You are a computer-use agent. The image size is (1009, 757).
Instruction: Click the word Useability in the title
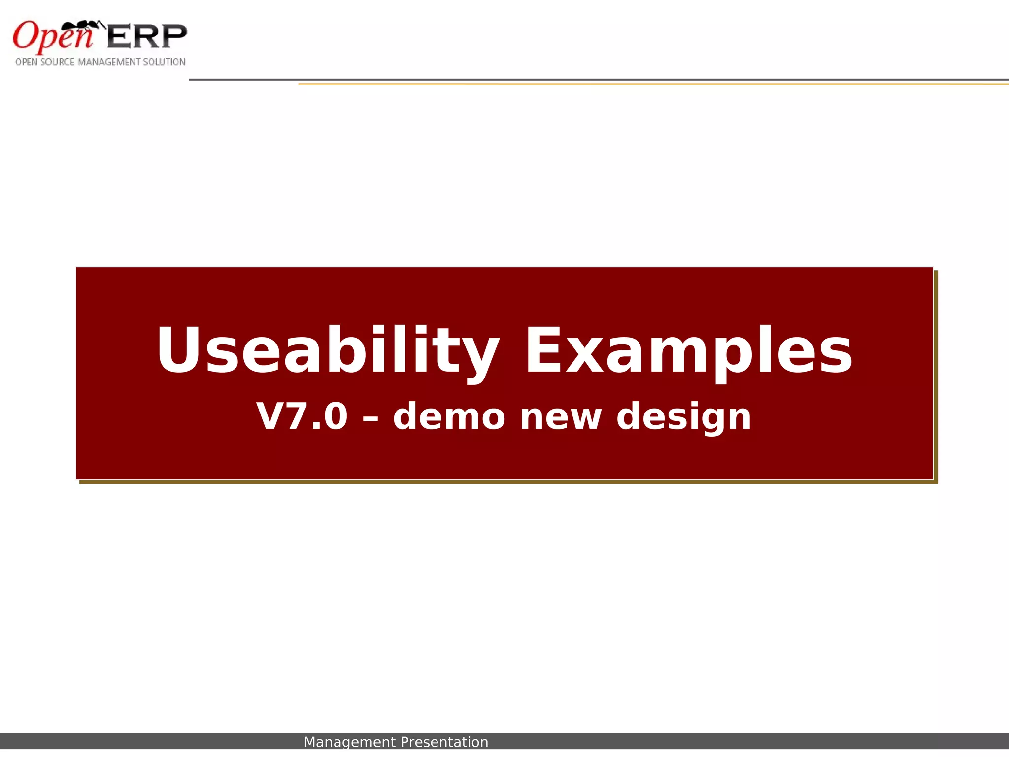(x=327, y=351)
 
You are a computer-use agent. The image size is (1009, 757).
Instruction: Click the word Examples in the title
(x=688, y=351)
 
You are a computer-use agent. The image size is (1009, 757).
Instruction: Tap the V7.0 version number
(x=302, y=416)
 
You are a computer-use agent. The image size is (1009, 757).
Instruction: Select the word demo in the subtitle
(x=449, y=416)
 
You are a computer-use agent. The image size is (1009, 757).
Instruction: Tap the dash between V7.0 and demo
(x=370, y=419)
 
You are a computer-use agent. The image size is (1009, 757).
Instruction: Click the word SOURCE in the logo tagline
(x=58, y=62)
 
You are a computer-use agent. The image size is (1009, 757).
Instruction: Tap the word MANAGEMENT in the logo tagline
(x=109, y=62)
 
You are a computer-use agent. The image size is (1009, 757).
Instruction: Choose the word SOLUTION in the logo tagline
(x=164, y=62)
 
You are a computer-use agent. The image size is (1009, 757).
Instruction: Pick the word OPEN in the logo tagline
(x=24, y=62)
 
